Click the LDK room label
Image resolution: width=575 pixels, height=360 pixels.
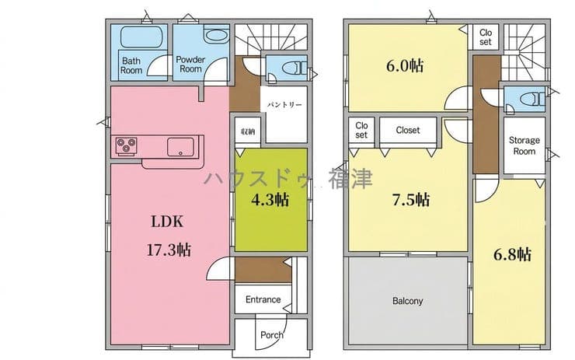point(168,222)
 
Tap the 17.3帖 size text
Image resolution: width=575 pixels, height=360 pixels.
point(169,250)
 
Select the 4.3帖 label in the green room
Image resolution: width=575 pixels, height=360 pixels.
point(270,200)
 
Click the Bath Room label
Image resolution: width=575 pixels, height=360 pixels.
point(131,65)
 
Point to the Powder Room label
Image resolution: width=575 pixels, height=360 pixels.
point(190,65)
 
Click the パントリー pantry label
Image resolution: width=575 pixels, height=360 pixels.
point(284,105)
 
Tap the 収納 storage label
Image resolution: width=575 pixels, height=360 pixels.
point(248,131)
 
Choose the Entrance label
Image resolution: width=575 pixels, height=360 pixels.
point(263,299)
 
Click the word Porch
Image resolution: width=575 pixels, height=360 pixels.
point(272,334)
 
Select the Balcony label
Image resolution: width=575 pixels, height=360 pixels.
point(408,301)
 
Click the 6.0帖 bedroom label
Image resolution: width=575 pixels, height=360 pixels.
point(405,65)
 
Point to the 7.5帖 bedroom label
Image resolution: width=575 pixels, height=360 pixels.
point(411,200)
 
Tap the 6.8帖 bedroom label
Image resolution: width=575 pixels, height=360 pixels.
point(512,254)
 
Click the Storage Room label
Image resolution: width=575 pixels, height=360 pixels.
point(524,145)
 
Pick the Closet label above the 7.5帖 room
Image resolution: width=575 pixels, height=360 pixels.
point(408,130)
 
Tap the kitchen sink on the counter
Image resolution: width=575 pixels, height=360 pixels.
point(180,147)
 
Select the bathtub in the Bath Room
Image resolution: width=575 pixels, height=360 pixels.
point(141,37)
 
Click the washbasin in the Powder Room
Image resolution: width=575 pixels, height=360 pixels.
point(216,35)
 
